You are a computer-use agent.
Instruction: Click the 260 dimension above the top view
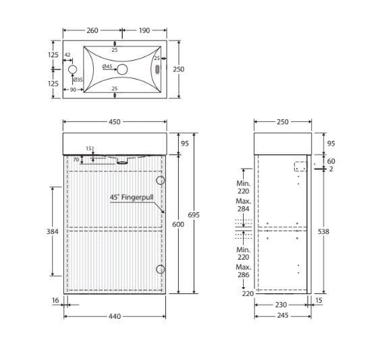pos(92,30)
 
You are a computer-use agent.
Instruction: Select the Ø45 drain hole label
pos(108,67)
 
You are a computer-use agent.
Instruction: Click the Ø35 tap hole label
pos(78,80)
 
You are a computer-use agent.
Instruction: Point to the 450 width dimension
pos(115,122)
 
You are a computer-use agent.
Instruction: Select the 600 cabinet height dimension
pos(177,224)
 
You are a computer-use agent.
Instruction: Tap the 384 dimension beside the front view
pos(53,231)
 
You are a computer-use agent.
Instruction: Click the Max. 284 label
pos(244,204)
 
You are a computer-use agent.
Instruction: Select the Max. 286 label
pos(244,271)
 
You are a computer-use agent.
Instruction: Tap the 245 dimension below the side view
pos(283,315)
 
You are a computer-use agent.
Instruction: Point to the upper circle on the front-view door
pos(161,181)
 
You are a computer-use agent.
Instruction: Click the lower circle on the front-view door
pos(161,270)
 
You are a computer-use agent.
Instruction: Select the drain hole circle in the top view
pos(122,69)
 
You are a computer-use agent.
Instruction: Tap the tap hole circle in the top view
pos(73,69)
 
